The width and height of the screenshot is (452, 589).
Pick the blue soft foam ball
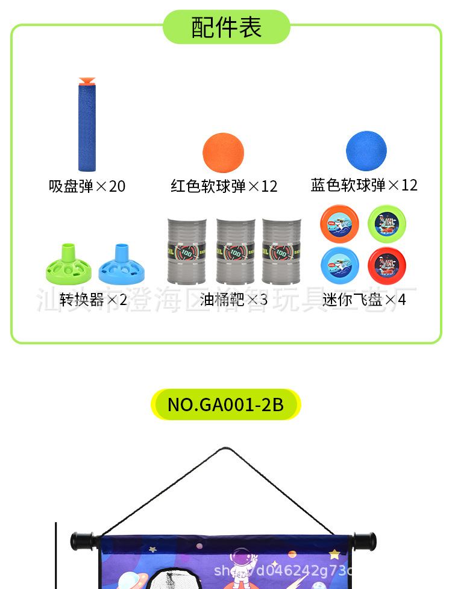[x=366, y=151]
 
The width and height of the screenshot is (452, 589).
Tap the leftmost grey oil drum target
[x=186, y=251]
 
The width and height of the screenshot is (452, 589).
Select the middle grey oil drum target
[x=236, y=251]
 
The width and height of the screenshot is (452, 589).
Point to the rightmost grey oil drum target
[x=282, y=251]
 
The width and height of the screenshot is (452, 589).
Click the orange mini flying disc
[x=339, y=222]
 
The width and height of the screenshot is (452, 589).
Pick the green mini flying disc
[x=387, y=222]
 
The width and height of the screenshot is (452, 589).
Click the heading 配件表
[x=226, y=27]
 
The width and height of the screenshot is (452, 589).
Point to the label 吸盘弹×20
[x=87, y=186]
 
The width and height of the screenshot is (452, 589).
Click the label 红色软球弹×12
[x=224, y=186]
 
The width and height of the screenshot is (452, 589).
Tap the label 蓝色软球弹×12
[x=364, y=184]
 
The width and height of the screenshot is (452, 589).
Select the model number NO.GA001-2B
[x=225, y=404]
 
